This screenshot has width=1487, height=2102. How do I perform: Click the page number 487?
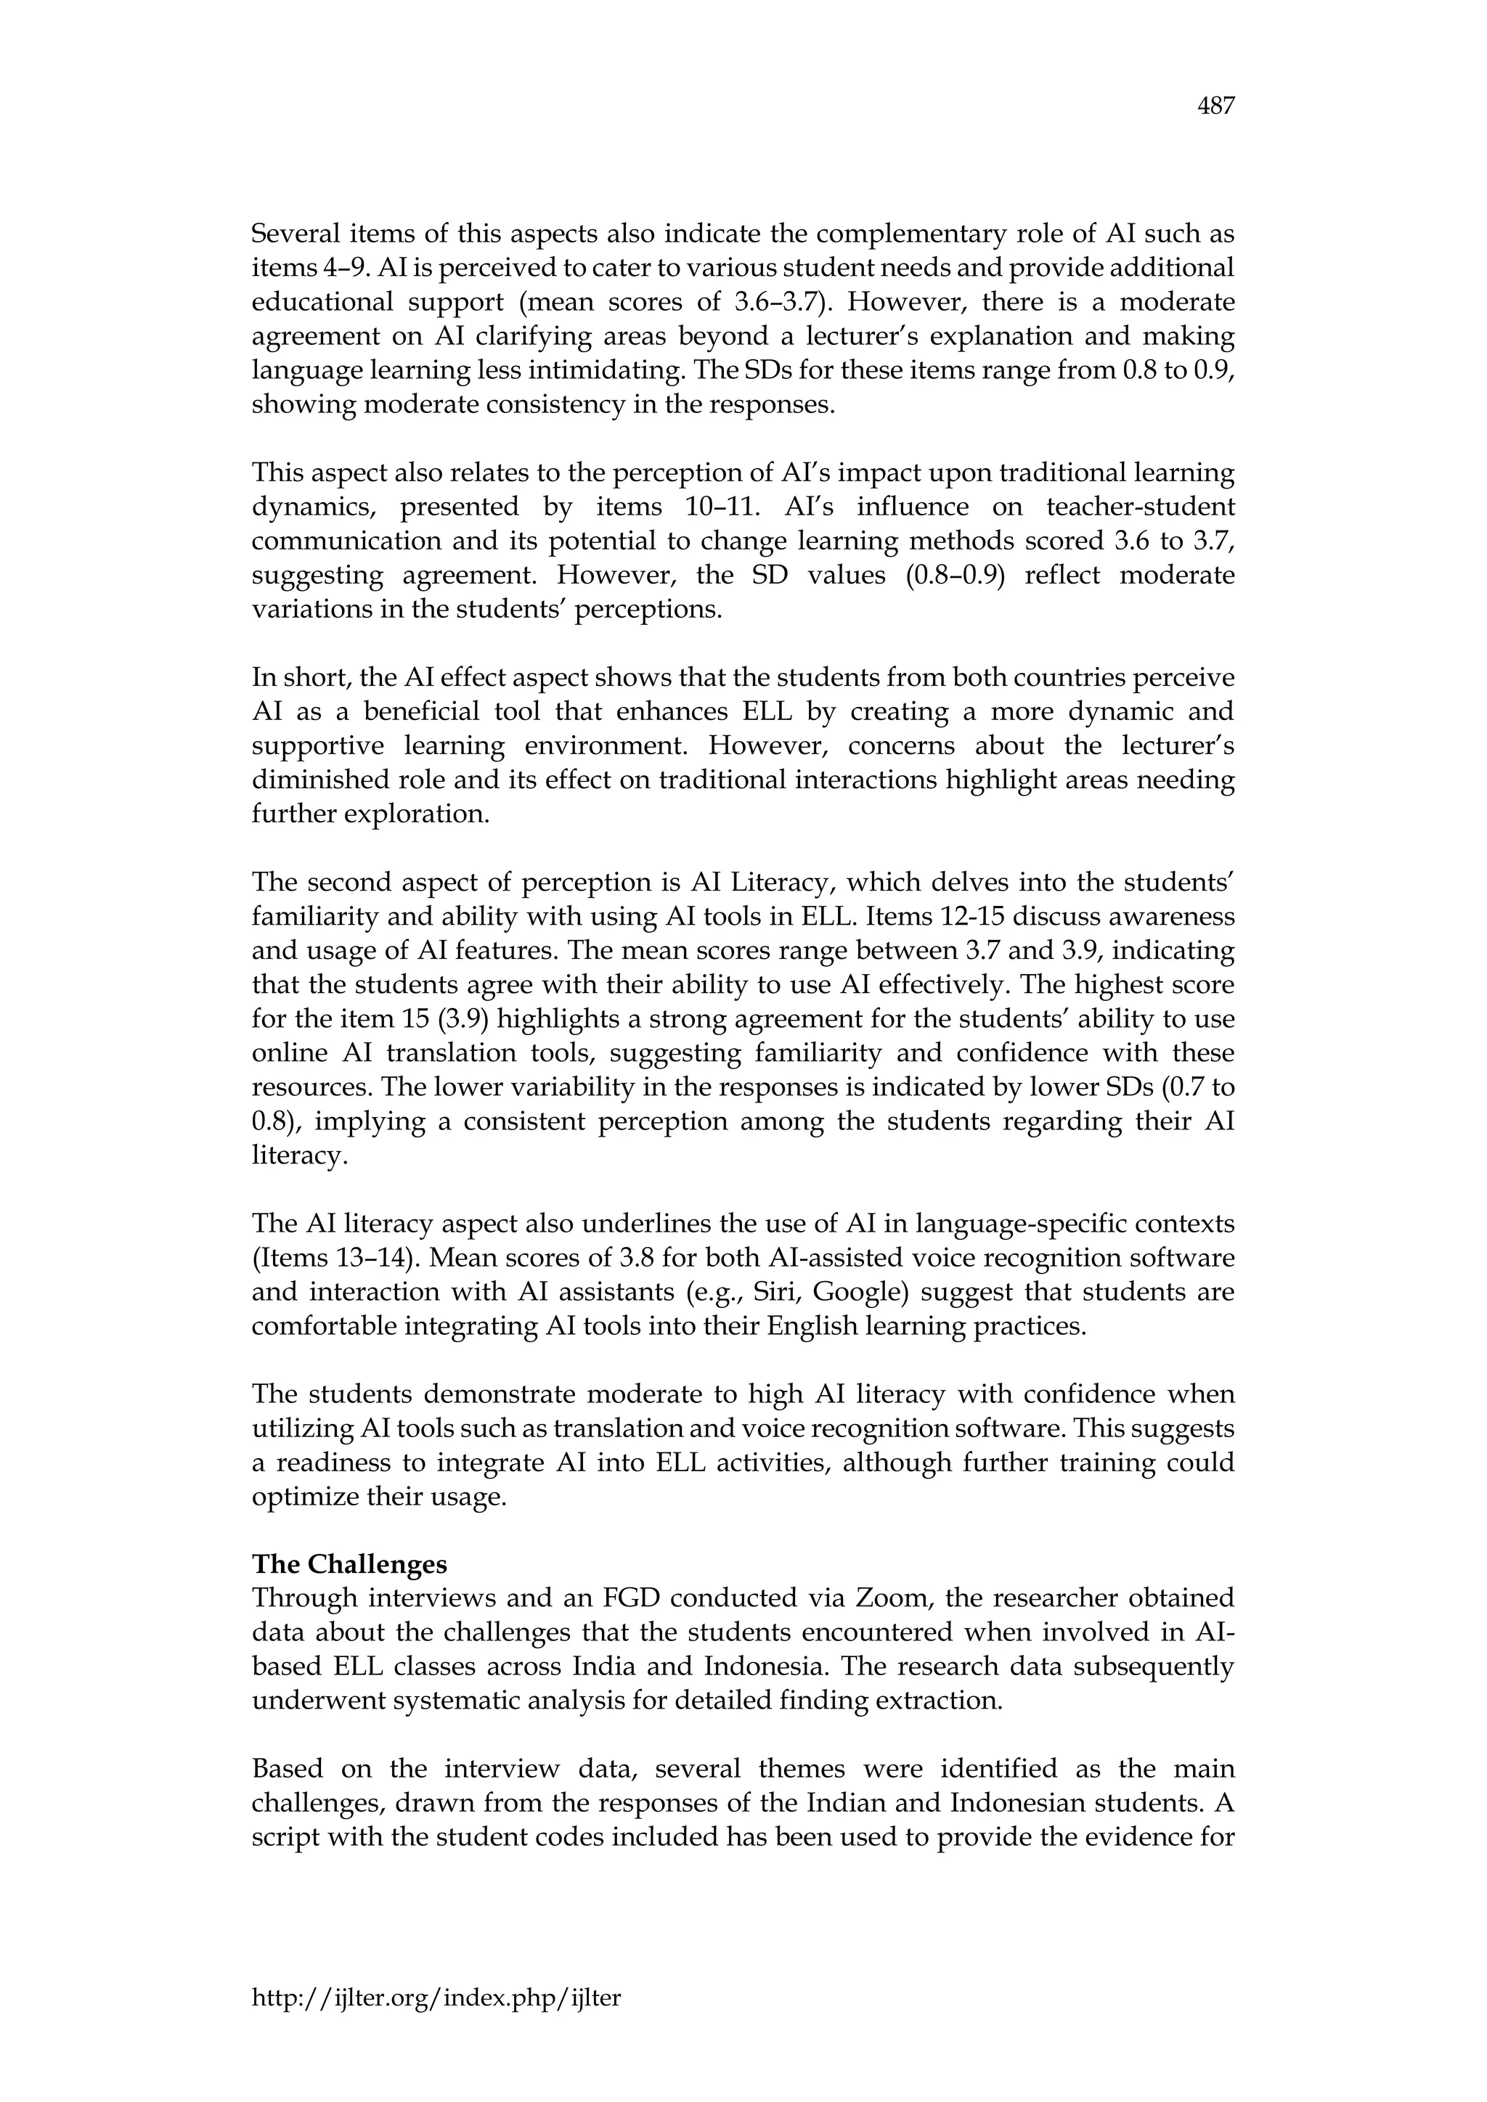click(1216, 107)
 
